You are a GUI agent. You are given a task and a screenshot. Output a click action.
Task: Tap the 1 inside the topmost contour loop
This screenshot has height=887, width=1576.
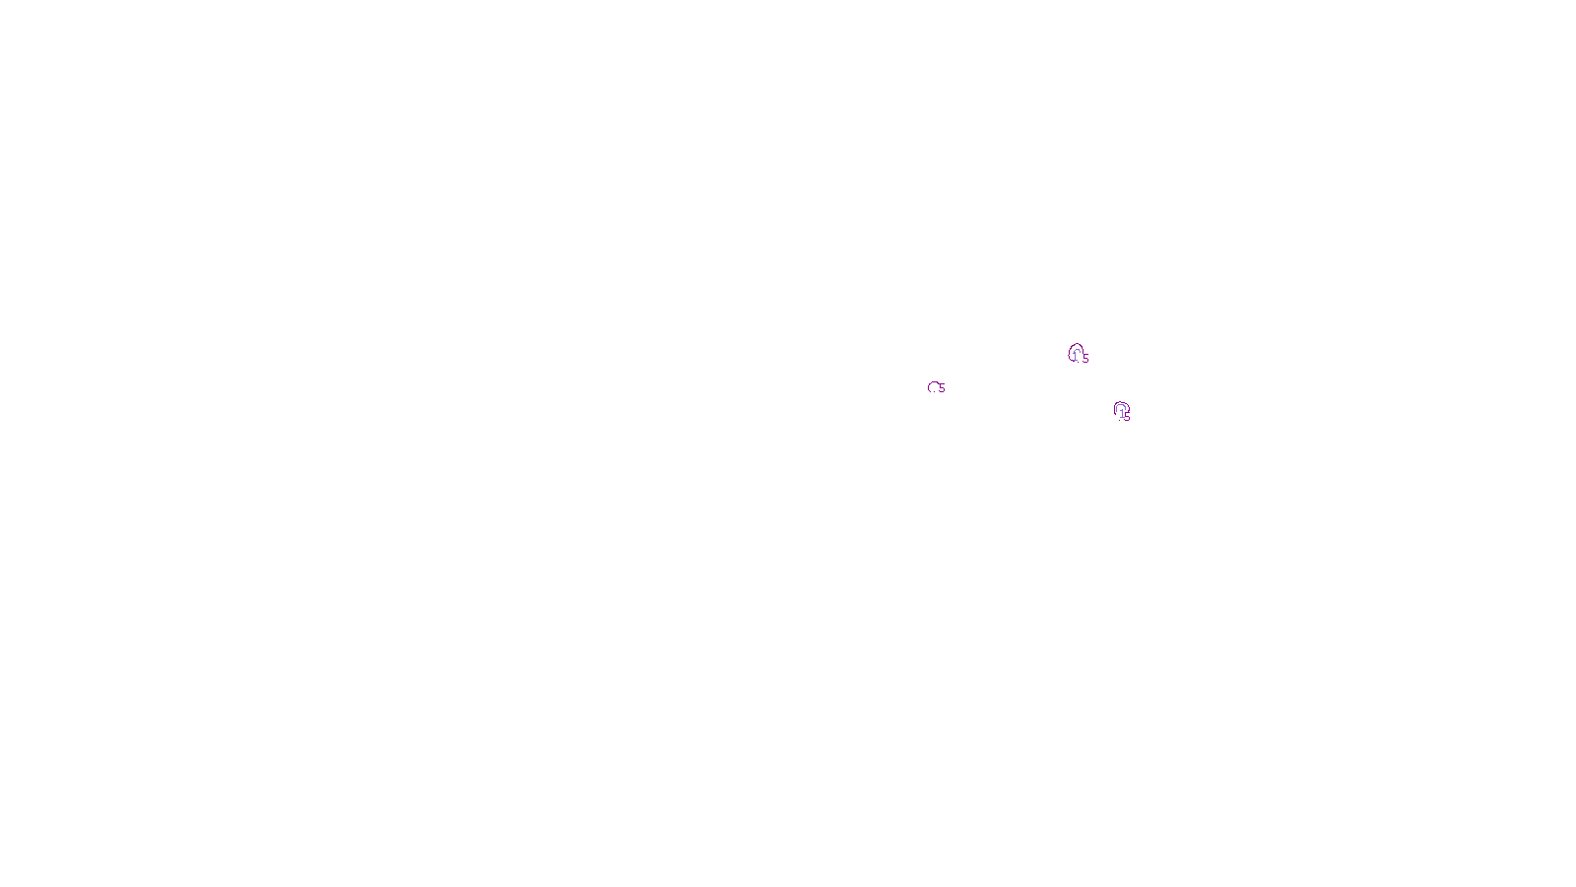[x=1076, y=356]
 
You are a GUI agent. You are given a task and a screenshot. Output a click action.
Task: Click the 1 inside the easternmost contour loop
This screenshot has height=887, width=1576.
[x=1121, y=413]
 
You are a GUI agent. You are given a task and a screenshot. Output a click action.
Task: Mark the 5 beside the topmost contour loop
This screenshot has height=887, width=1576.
[x=1085, y=359]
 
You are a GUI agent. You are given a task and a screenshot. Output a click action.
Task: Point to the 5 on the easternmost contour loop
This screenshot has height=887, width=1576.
[x=1127, y=418]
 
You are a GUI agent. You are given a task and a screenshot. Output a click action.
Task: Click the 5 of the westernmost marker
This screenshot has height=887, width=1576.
[x=942, y=388]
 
